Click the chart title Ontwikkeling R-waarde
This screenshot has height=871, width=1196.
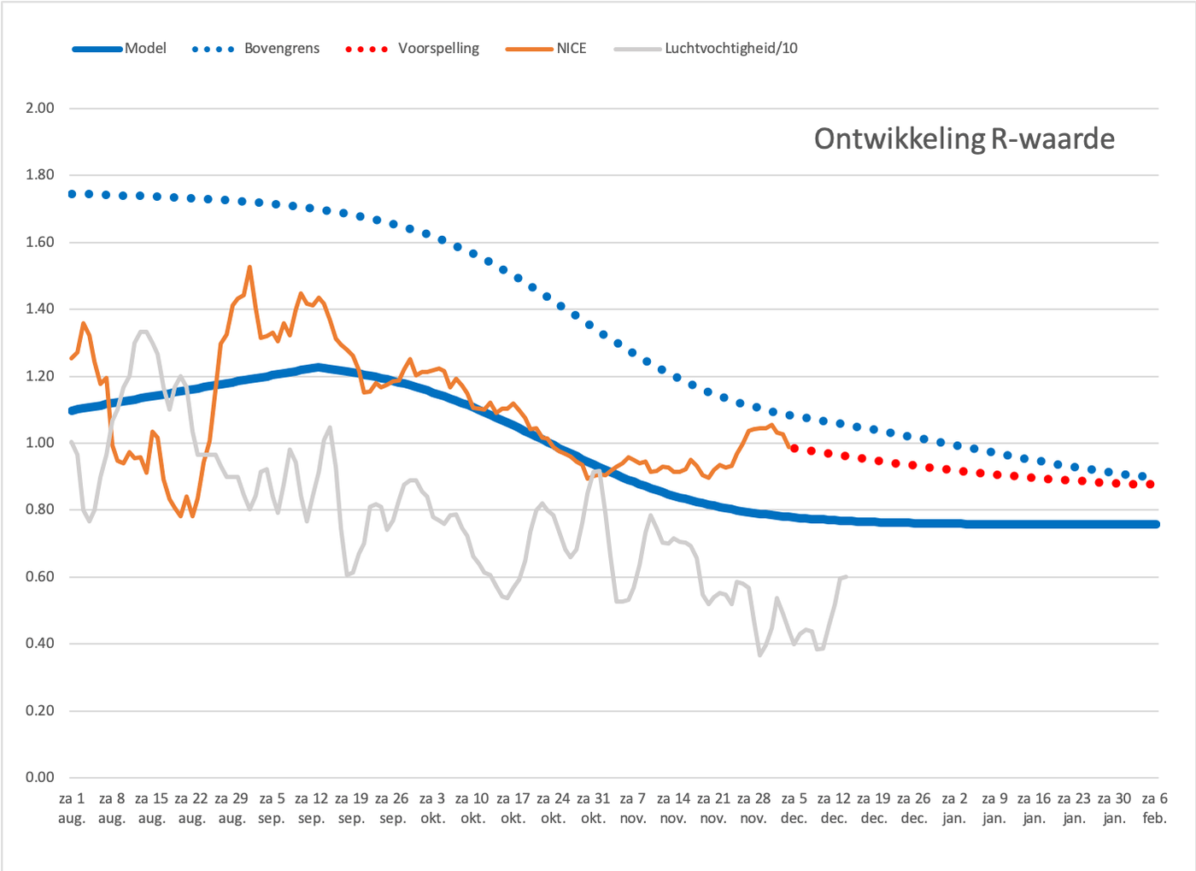pos(964,139)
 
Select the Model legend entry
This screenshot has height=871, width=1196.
pos(119,49)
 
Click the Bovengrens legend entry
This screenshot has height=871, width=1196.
pos(255,49)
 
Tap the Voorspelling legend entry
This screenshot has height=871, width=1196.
pos(412,49)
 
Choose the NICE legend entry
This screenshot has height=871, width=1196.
pos(546,49)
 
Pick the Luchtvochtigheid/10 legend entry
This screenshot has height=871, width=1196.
pos(706,49)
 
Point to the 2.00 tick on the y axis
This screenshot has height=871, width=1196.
pos(40,108)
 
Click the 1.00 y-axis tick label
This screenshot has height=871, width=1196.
pos(40,443)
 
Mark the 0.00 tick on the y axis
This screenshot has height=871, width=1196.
pos(40,777)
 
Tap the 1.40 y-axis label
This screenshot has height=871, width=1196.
pos(40,309)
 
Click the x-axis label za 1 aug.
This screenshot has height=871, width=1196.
pos(72,808)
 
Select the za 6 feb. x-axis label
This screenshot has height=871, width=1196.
pos(1154,808)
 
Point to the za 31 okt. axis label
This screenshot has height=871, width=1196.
pos(593,808)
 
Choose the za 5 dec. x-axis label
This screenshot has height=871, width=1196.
pos(794,808)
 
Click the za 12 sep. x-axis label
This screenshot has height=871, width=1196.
pos(312,808)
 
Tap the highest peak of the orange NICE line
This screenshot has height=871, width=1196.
pos(249,267)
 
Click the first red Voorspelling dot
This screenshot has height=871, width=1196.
pos(794,449)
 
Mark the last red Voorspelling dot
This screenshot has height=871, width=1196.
pos(1150,484)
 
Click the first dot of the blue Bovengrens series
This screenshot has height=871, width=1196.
pos(72,194)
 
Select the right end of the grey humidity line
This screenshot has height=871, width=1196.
pos(847,577)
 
